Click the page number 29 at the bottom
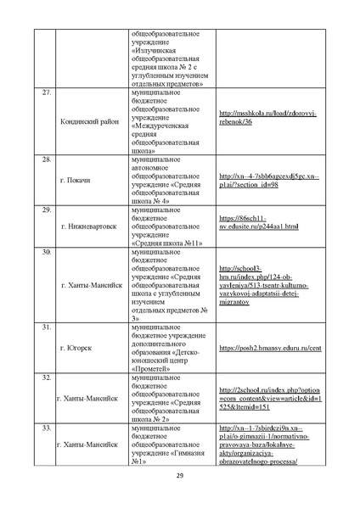click(x=180, y=486)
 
